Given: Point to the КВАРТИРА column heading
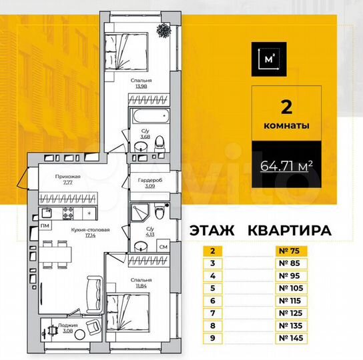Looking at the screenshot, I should [x=290, y=231].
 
